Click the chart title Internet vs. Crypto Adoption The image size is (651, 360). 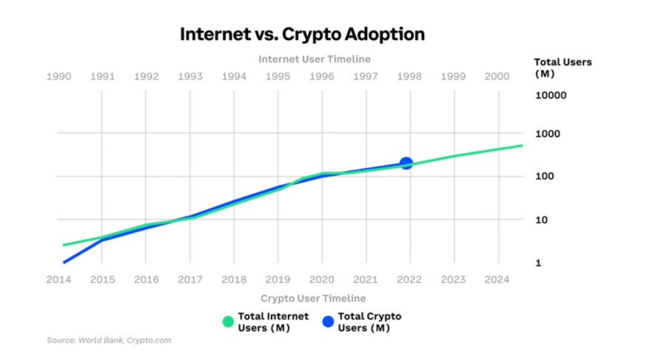[302, 34]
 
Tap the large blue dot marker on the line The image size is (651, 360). [406, 163]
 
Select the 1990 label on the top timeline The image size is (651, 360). [59, 77]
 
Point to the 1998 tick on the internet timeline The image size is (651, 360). [409, 77]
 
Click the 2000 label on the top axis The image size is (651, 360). [497, 77]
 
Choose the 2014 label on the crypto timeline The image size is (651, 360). [59, 279]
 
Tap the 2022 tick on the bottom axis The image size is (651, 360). [409, 279]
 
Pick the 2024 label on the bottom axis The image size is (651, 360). [497, 279]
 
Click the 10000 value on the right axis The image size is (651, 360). [551, 96]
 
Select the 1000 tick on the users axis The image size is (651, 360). [548, 134]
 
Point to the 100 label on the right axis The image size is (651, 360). [545, 176]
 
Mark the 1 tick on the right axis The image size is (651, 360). [538, 263]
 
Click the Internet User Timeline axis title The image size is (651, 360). [314, 59]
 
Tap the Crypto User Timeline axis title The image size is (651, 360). [313, 298]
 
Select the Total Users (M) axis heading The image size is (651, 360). [563, 68]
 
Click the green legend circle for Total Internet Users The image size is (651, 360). [228, 322]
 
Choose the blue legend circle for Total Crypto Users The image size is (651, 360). [328, 322]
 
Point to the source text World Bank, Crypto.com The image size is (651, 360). [125, 340]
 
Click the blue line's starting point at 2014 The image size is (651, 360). [64, 262]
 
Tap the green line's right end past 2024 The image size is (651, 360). [522, 146]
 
